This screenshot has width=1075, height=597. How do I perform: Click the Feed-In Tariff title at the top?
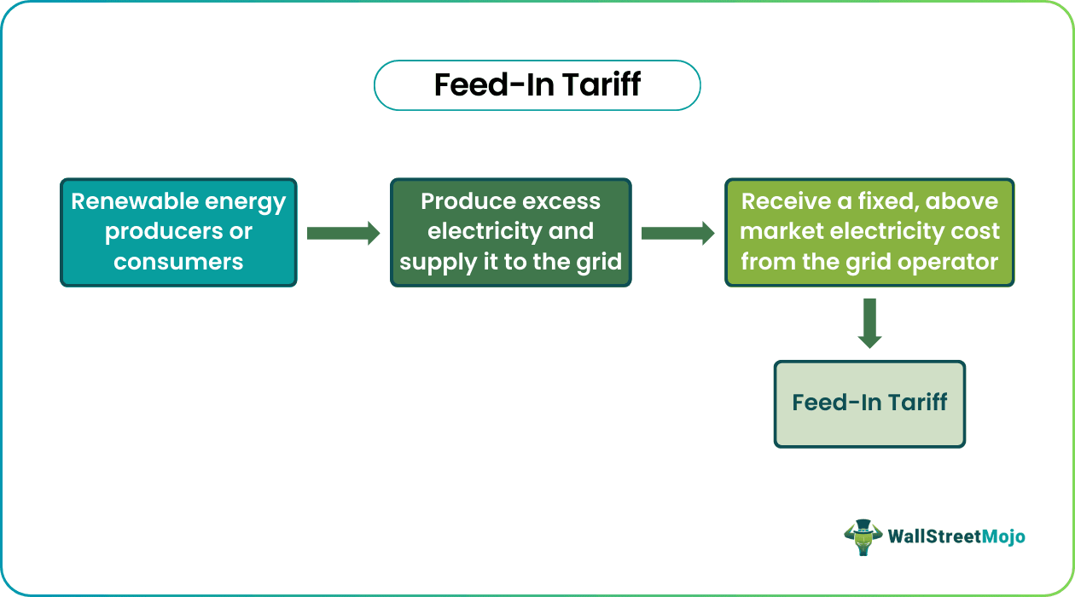[537, 85]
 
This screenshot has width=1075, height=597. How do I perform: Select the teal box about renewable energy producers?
[178, 232]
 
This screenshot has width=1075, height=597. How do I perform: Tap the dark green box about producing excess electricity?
[510, 232]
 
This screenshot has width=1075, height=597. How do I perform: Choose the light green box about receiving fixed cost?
[869, 232]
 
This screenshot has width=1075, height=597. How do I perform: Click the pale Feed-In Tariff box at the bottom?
[869, 403]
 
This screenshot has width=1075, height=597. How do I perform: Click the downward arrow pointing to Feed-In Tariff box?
[869, 323]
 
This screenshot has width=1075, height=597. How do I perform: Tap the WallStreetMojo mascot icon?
[863, 536]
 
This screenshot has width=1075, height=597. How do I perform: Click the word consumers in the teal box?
[178, 262]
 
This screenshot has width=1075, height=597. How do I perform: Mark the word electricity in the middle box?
[480, 232]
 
